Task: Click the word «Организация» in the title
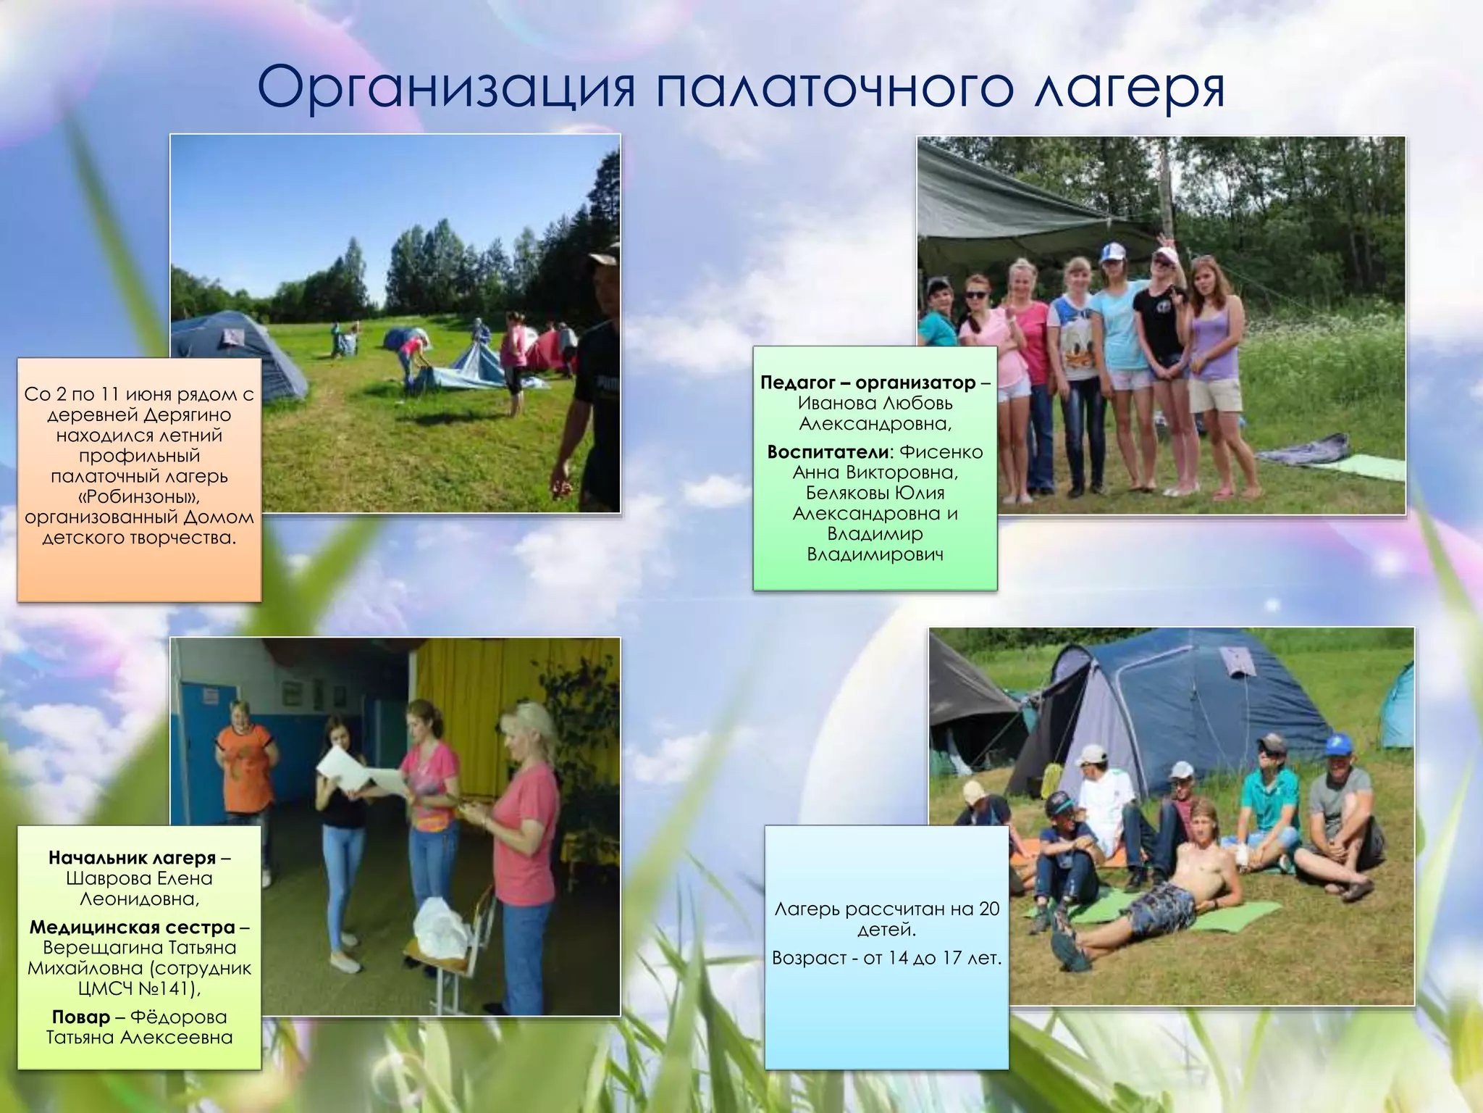point(446,88)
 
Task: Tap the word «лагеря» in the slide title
point(1129,88)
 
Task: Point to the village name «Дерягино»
point(187,415)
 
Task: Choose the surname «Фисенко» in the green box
point(941,452)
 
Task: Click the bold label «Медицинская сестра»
point(133,927)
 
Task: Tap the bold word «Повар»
point(81,1017)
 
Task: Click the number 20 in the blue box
point(988,909)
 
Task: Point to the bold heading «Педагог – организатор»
point(868,383)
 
